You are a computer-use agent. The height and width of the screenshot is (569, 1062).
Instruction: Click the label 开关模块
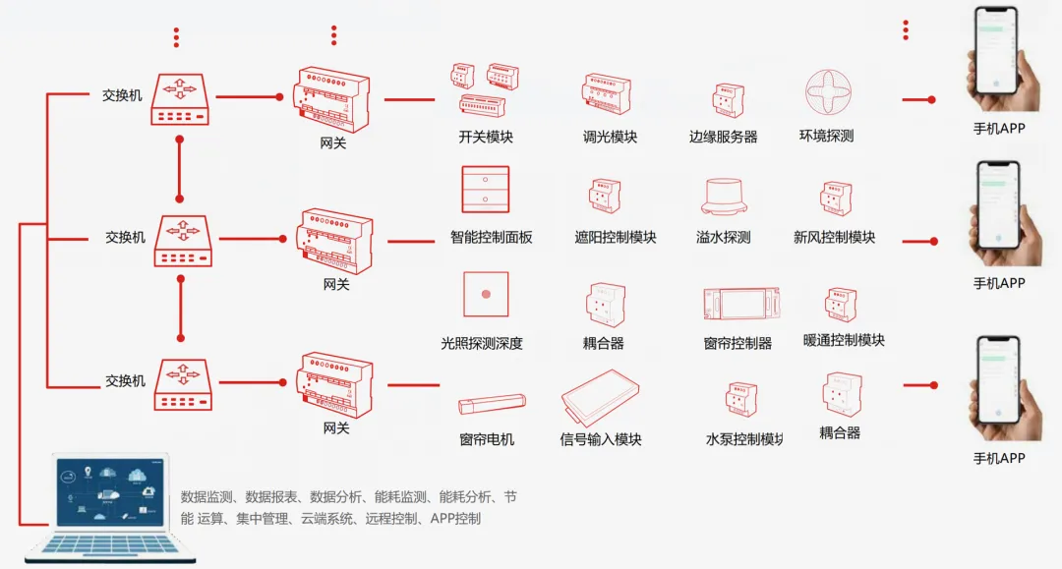486,138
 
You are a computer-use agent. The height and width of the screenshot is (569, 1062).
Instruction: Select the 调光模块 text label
610,138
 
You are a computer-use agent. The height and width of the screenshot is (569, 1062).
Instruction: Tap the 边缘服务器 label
724,138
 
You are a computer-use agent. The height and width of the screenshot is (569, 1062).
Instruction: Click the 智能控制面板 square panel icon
486,190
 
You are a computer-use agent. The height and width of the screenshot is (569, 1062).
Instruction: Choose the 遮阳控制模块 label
616,237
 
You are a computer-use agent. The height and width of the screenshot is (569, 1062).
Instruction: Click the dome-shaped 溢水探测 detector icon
724,197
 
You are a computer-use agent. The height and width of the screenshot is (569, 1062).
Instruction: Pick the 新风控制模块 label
834,237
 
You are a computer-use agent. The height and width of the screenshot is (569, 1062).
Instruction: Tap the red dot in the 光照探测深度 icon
486,294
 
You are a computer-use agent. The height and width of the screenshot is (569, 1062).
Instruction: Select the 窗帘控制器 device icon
740,304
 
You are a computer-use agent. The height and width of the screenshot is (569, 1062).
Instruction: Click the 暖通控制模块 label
844,340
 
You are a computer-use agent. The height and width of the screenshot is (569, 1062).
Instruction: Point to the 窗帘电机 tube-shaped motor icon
492,403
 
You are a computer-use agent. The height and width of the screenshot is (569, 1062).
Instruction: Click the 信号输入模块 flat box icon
600,397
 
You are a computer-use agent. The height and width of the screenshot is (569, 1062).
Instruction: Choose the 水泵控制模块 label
744,439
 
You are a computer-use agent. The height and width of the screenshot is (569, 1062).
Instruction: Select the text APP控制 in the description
456,518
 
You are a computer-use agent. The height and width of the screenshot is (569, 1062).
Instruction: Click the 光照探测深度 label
482,344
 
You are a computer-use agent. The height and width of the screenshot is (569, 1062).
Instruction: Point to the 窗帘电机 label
487,439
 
